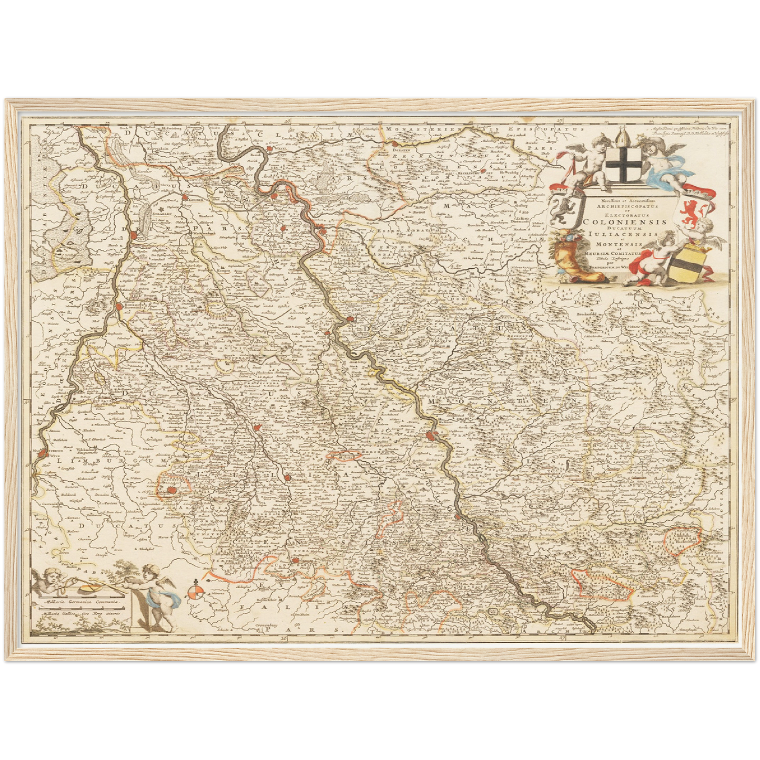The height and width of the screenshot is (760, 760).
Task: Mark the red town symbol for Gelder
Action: (x=186, y=198)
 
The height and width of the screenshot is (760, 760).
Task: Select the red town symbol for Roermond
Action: (x=120, y=306)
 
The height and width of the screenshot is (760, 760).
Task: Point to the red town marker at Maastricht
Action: (x=41, y=451)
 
